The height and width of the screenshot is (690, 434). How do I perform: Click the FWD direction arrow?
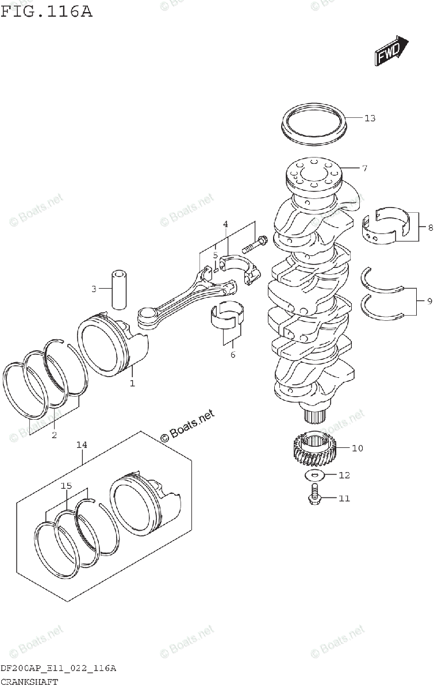pos(391,51)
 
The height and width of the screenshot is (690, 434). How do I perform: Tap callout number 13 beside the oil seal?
pos(370,118)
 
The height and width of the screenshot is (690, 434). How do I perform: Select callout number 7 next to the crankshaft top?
pos(364,168)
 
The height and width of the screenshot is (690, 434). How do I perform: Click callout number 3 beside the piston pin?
pos(94,289)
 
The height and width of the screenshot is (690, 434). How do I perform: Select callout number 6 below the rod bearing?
pos(233,355)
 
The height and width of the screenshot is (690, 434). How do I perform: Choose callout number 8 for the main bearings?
pos(429,228)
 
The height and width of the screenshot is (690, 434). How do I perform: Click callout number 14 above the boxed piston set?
pos(82,444)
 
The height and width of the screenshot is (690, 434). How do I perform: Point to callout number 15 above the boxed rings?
pos(66,486)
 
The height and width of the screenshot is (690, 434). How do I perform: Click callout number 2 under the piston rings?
pos(54,435)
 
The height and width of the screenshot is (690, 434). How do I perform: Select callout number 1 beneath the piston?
pos(132,383)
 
